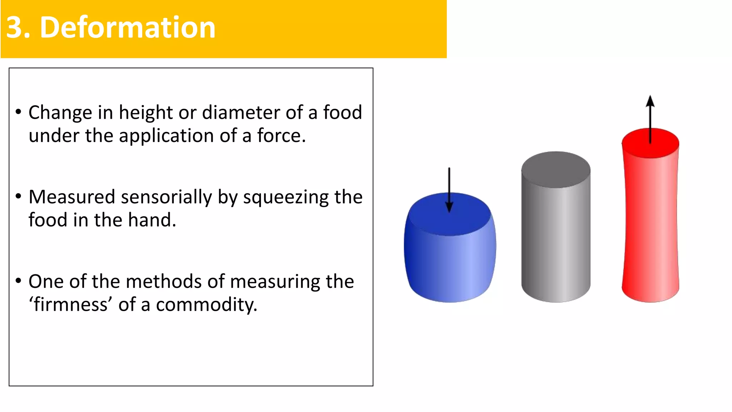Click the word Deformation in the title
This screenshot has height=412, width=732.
tap(128, 28)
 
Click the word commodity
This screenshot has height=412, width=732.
tap(206, 305)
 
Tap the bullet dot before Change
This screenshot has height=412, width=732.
tap(19, 111)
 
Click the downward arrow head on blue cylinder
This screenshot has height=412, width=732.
tap(449, 207)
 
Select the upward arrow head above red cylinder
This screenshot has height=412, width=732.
tap(650, 102)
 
